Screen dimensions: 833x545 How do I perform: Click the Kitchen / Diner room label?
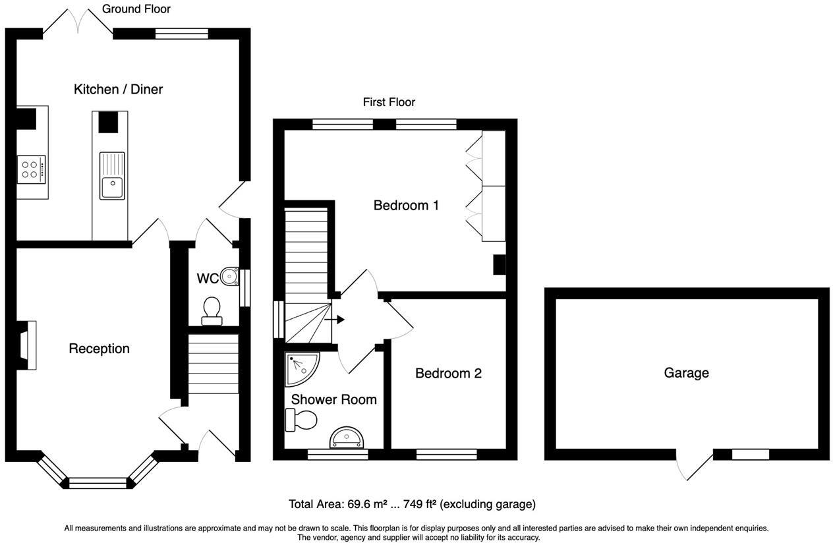click(x=118, y=89)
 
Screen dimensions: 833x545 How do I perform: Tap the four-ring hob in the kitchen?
click(x=31, y=169)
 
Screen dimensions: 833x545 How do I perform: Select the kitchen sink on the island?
click(x=112, y=175)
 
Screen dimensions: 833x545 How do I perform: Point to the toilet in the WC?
click(x=212, y=310)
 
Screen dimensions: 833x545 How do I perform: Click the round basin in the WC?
click(x=228, y=275)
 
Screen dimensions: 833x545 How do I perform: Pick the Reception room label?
click(x=99, y=349)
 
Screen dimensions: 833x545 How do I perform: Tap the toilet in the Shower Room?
click(x=301, y=419)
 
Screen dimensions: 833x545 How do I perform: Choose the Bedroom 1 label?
click(x=406, y=205)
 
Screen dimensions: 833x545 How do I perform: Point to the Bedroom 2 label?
click(x=448, y=373)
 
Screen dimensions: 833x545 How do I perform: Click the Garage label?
click(x=686, y=373)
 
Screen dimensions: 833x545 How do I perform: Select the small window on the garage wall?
click(x=750, y=454)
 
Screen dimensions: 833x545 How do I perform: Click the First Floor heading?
click(x=389, y=102)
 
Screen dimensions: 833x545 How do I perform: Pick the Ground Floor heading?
click(x=136, y=9)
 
